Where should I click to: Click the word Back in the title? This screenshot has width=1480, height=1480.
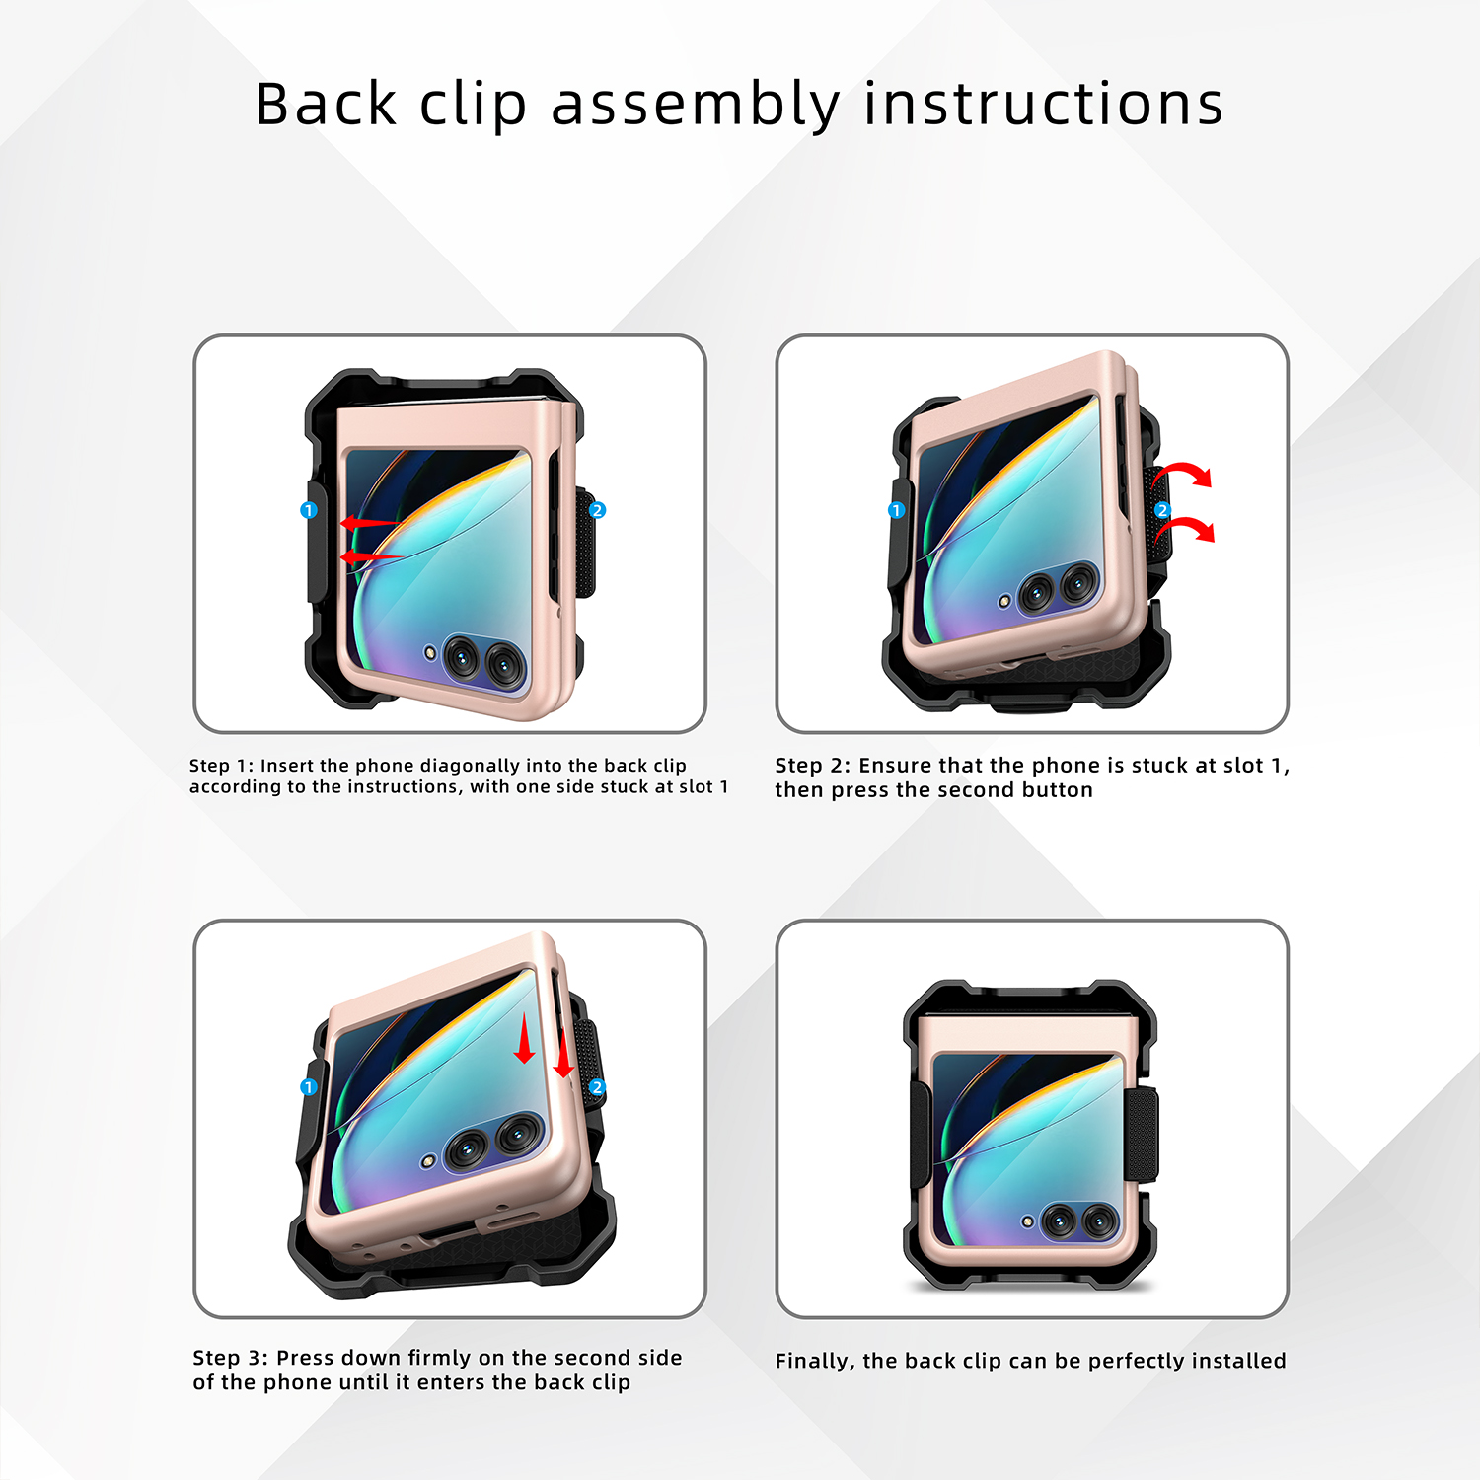pos(326,104)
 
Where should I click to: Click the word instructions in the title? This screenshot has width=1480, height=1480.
pos(1044,104)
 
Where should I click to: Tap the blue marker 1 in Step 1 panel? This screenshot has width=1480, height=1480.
pos(308,510)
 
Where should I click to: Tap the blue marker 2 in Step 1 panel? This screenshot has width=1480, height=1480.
pos(597,510)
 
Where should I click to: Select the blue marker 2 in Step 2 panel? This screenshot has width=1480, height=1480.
pos(1162,510)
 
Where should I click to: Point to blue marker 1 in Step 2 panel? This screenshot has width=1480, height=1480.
pos(896,510)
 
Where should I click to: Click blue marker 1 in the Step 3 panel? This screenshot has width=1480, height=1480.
pos(308,1086)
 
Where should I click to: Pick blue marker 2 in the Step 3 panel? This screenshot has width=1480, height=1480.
pos(597,1086)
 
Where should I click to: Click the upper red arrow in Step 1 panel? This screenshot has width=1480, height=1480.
pos(371,522)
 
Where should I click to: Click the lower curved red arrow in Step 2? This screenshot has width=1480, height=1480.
pos(1186,526)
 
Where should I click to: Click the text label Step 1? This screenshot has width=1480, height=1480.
pos(221,766)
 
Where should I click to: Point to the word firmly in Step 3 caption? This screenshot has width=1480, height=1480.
pos(439,1358)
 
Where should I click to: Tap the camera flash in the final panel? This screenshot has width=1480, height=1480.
pos(1027,1221)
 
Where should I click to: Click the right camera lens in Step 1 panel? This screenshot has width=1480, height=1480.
pos(505,667)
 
